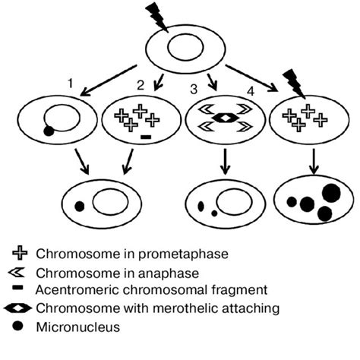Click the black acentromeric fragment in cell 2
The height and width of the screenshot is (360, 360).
point(146,138)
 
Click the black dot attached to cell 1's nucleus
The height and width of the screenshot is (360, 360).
point(49,132)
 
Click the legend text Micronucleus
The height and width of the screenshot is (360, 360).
point(79,327)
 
